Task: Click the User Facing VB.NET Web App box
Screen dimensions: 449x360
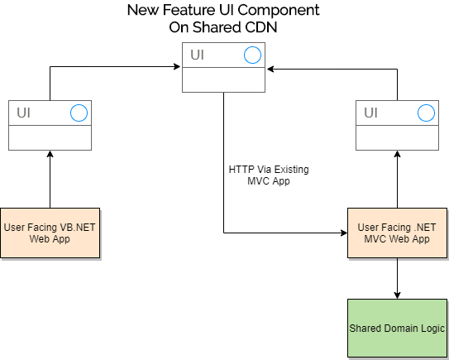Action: click(x=50, y=233)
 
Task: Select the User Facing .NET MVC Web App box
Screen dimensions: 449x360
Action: click(x=397, y=233)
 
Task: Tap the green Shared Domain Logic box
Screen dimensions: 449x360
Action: click(x=397, y=329)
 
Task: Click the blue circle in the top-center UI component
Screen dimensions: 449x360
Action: click(x=252, y=55)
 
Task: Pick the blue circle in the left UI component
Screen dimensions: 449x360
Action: click(x=79, y=113)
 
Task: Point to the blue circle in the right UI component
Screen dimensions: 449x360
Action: click(x=426, y=113)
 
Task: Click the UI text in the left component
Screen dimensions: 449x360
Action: click(x=23, y=113)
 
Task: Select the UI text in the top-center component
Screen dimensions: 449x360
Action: click(x=197, y=55)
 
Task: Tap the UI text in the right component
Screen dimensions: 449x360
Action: click(x=370, y=113)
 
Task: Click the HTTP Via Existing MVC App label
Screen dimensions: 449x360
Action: click(x=269, y=175)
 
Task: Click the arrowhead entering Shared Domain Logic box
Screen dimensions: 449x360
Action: click(x=397, y=295)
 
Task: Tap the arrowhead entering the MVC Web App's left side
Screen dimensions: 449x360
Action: click(x=344, y=233)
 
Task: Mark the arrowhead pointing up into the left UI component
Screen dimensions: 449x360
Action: click(x=50, y=154)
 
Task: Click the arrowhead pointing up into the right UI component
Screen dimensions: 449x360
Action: click(x=397, y=154)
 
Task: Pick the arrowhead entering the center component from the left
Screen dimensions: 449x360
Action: click(x=177, y=67)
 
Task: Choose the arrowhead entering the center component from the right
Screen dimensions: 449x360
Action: click(x=270, y=69)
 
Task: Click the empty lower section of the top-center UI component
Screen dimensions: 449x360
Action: click(x=223, y=80)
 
